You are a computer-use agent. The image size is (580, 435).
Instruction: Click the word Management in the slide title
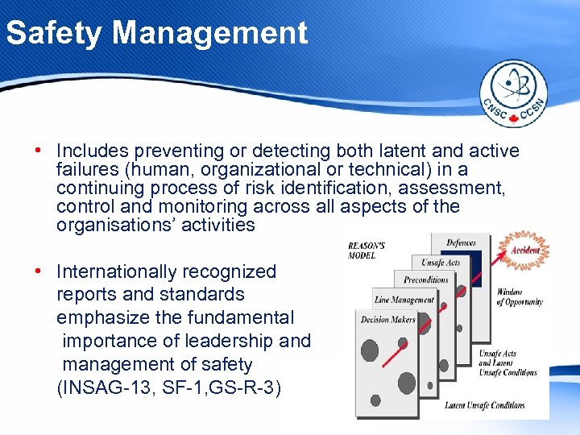pyautogui.click(x=210, y=33)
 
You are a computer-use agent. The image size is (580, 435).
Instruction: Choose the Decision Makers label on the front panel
pyautogui.click(x=387, y=318)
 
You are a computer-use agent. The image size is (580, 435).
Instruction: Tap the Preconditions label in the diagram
pyautogui.click(x=426, y=280)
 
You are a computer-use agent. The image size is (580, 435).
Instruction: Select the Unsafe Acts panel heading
pyautogui.click(x=441, y=263)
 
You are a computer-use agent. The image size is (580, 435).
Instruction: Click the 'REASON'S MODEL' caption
pyautogui.click(x=367, y=250)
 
